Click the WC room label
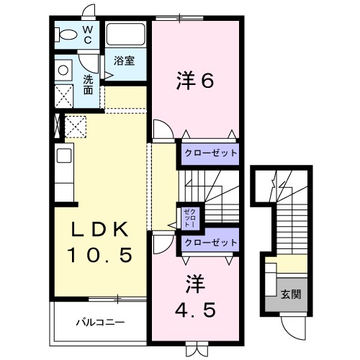pos(87,35)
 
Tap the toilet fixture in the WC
pos(66,35)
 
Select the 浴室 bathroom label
pos(125,61)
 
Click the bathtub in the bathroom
pos(127,35)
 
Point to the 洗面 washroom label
pos(88,85)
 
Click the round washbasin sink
pos(63,71)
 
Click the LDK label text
pos(101,231)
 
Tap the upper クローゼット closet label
pos(209,153)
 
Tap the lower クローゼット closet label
pos(209,243)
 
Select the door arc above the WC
pos(88,12)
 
